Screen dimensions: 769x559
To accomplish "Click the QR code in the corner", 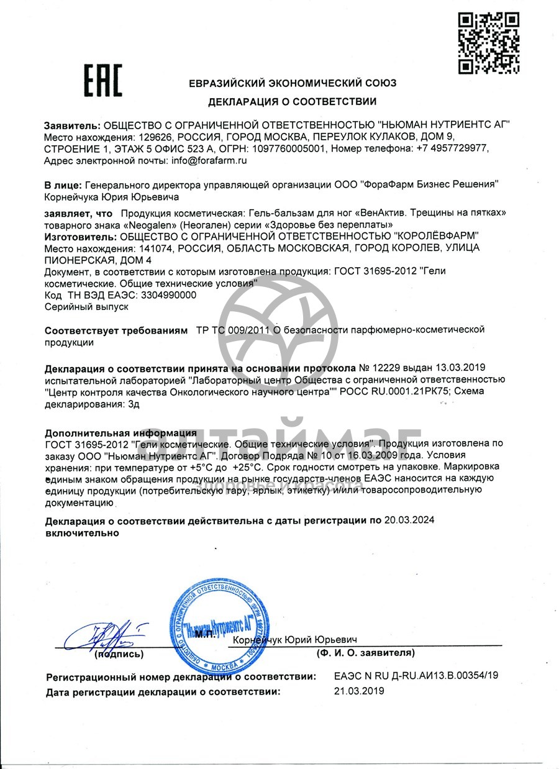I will click(489, 43).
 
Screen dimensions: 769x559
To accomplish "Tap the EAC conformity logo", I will click(103, 81).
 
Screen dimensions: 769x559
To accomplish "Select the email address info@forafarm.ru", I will click(209, 160).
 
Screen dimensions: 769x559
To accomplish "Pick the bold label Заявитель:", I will click(72, 124).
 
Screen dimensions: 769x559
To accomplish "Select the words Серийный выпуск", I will click(86, 306).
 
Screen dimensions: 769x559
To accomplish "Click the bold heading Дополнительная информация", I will click(121, 432).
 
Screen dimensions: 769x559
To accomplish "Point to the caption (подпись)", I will click(119, 653).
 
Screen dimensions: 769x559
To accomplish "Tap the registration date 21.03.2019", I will click(359, 690).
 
